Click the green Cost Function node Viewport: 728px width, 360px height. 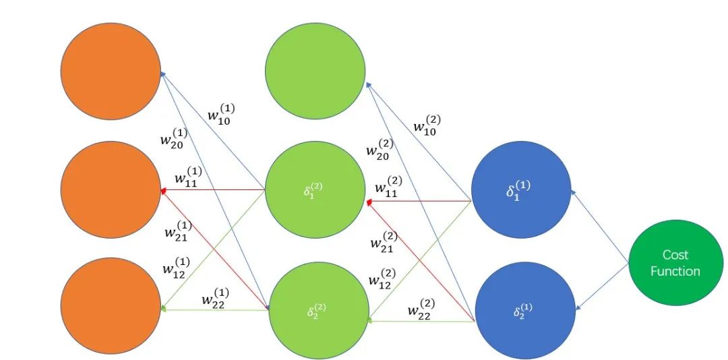click(675, 262)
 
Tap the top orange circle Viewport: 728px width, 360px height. click(111, 71)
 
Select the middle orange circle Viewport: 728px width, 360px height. click(111, 189)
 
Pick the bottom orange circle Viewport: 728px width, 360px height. click(111, 306)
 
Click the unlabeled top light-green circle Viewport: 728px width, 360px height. click(315, 71)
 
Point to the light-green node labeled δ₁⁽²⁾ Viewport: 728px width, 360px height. click(315, 189)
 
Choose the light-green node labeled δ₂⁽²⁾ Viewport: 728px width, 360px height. click(320, 311)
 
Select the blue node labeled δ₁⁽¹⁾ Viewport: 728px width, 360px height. click(521, 189)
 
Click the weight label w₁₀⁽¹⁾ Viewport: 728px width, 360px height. click(221, 115)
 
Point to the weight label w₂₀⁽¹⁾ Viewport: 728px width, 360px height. click(174, 138)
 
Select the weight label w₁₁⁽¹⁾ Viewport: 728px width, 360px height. click(188, 177)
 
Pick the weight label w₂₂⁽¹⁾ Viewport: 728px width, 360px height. click(215, 299)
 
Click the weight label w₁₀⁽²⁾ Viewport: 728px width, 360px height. click(427, 125)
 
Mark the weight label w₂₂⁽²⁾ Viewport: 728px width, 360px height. click(421, 309)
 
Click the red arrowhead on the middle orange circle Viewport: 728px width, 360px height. click(163, 190)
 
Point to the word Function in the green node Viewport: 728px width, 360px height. click(675, 271)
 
